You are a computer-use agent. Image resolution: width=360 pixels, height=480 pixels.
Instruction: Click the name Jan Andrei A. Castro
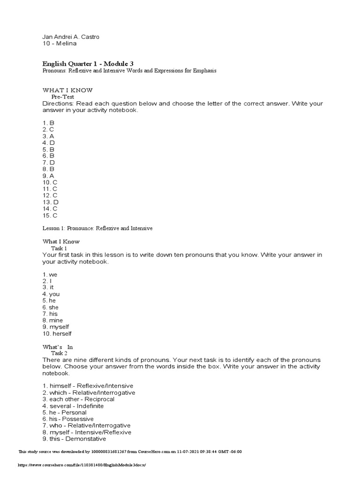(70, 37)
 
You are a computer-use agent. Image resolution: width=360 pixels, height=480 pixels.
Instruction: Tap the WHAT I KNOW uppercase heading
(67, 90)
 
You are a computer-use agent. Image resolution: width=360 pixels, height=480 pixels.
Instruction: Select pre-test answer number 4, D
(48, 142)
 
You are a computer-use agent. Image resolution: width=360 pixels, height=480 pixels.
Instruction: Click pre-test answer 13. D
(50, 202)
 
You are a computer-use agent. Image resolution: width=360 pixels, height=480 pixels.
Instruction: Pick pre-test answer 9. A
(48, 176)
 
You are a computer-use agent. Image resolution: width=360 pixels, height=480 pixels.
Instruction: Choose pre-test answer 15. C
(50, 216)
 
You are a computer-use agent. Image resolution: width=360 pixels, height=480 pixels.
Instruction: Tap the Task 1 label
(59, 248)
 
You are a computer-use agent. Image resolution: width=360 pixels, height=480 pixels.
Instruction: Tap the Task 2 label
(59, 353)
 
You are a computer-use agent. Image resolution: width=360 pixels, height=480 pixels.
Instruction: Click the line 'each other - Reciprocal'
(78, 399)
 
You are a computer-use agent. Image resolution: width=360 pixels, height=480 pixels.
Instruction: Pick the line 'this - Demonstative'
(74, 439)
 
